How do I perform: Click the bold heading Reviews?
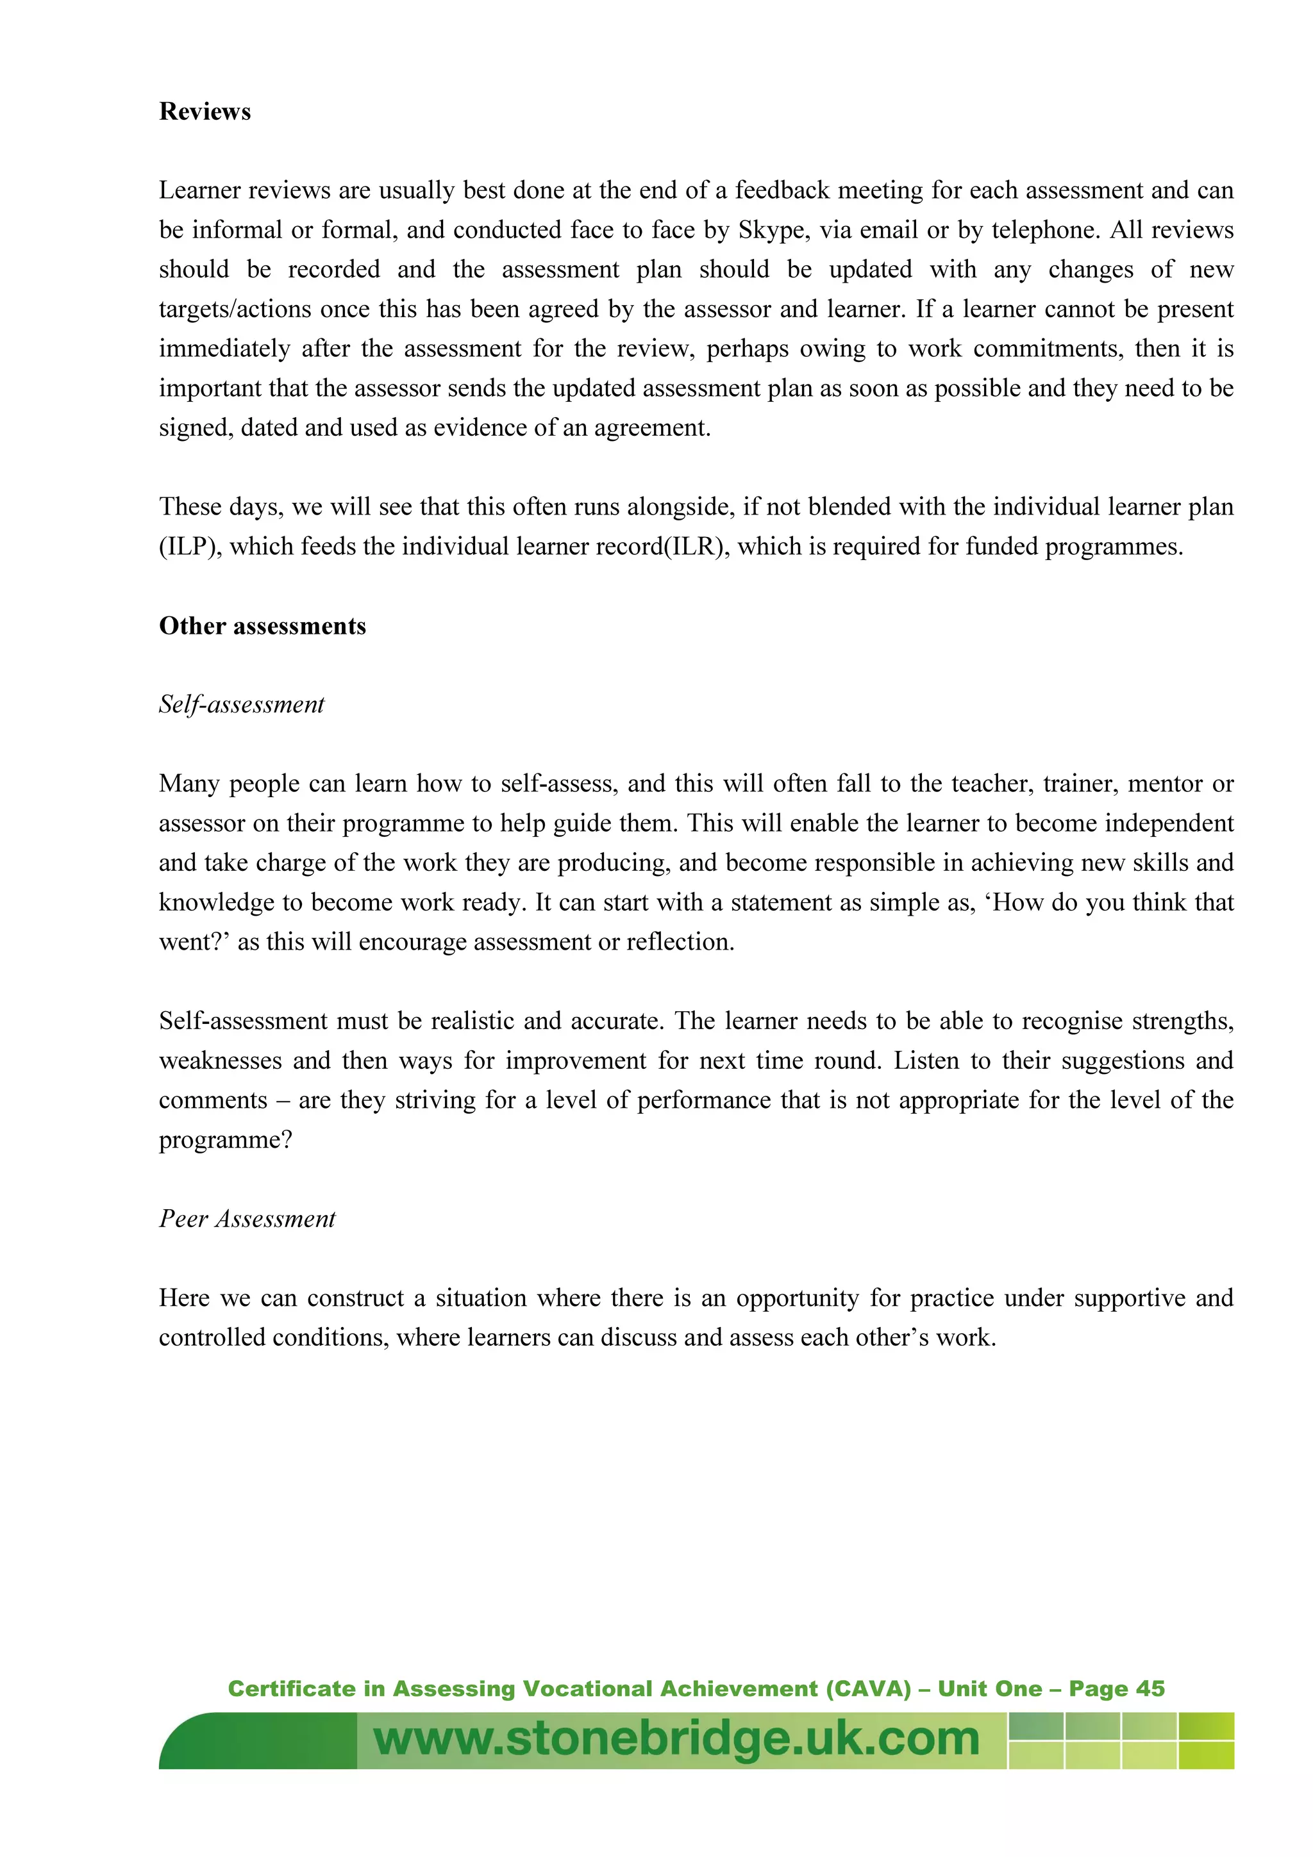pos(205,111)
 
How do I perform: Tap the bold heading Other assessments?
pos(262,626)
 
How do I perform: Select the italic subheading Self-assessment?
pos(241,704)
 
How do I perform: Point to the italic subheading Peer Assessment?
pos(247,1219)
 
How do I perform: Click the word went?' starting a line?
pos(194,942)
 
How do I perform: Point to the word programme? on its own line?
pos(225,1141)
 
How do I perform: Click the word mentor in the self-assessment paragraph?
pos(1164,784)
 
